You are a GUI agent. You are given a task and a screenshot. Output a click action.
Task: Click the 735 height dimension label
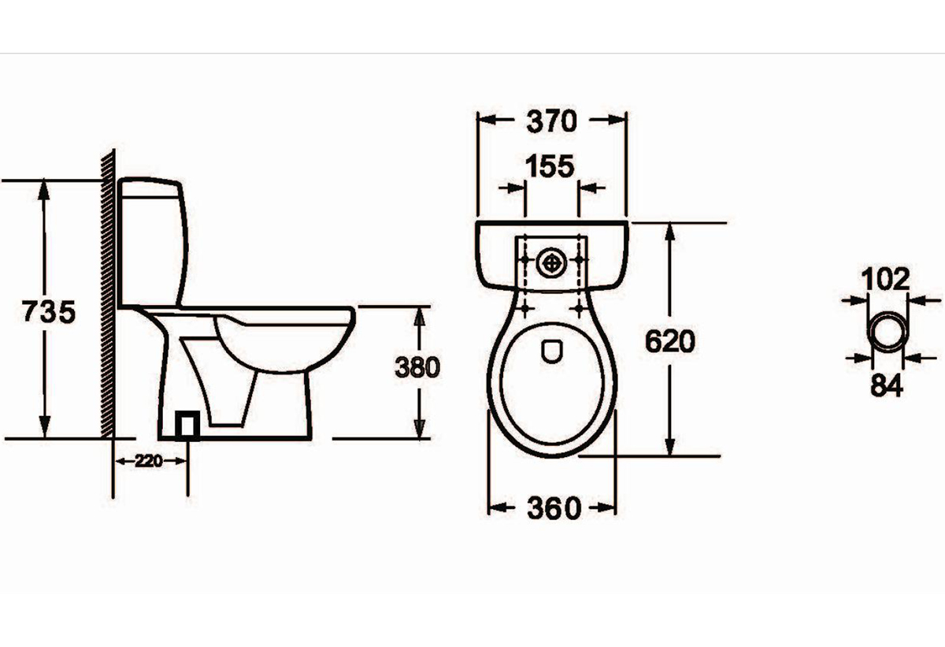pyautogui.click(x=49, y=311)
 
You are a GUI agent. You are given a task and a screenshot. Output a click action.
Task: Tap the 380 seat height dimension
pyautogui.click(x=417, y=366)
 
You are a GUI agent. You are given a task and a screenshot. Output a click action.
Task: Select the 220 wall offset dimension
pyautogui.click(x=149, y=461)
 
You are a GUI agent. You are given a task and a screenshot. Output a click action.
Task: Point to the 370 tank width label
pyautogui.click(x=552, y=121)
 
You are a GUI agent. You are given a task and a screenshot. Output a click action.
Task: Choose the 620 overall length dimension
pyautogui.click(x=670, y=341)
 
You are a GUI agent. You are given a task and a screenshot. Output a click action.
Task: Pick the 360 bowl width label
pyautogui.click(x=554, y=508)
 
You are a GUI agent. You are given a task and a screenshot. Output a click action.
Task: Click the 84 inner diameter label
pyautogui.click(x=887, y=385)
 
